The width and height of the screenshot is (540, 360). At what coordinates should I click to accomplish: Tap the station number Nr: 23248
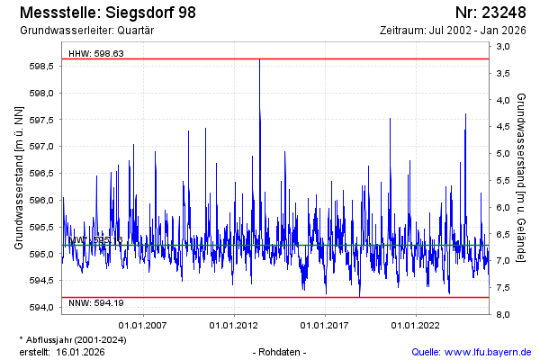click(x=490, y=13)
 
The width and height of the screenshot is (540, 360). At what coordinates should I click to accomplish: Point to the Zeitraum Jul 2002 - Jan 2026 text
click(x=453, y=31)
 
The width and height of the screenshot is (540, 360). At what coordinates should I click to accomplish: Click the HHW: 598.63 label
click(x=96, y=54)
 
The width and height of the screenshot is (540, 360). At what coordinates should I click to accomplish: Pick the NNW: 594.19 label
click(x=96, y=305)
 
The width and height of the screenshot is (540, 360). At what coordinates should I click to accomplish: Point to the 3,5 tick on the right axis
click(x=502, y=73)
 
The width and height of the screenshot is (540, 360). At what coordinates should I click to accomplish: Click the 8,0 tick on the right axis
click(x=502, y=314)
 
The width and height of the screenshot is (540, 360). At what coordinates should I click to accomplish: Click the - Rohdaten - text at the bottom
click(x=281, y=351)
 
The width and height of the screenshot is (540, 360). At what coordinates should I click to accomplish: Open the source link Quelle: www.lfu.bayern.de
click(x=471, y=351)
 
